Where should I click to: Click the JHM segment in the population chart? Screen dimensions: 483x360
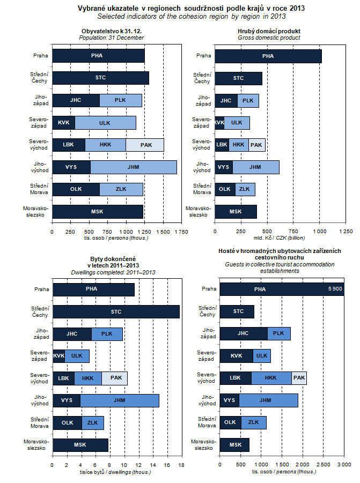click(x=134, y=167)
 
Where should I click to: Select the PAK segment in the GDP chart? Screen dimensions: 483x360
click(x=256, y=145)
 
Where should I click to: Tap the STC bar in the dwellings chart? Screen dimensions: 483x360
click(x=116, y=311)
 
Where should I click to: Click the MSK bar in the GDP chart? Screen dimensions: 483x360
click(x=236, y=211)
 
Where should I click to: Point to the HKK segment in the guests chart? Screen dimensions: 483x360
click(x=271, y=378)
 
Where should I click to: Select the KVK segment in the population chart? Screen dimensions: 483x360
click(x=63, y=122)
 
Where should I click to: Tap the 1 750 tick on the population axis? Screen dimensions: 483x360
click(x=181, y=232)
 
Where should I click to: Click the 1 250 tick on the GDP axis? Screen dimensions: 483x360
click(x=346, y=232)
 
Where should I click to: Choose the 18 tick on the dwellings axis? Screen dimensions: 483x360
click(x=181, y=464)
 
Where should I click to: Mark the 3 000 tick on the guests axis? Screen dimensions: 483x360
click(x=343, y=464)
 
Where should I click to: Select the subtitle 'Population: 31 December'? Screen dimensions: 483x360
click(x=111, y=38)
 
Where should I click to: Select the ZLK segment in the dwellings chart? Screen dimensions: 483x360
click(x=92, y=422)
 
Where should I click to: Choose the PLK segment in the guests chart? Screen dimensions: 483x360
click(x=278, y=333)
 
